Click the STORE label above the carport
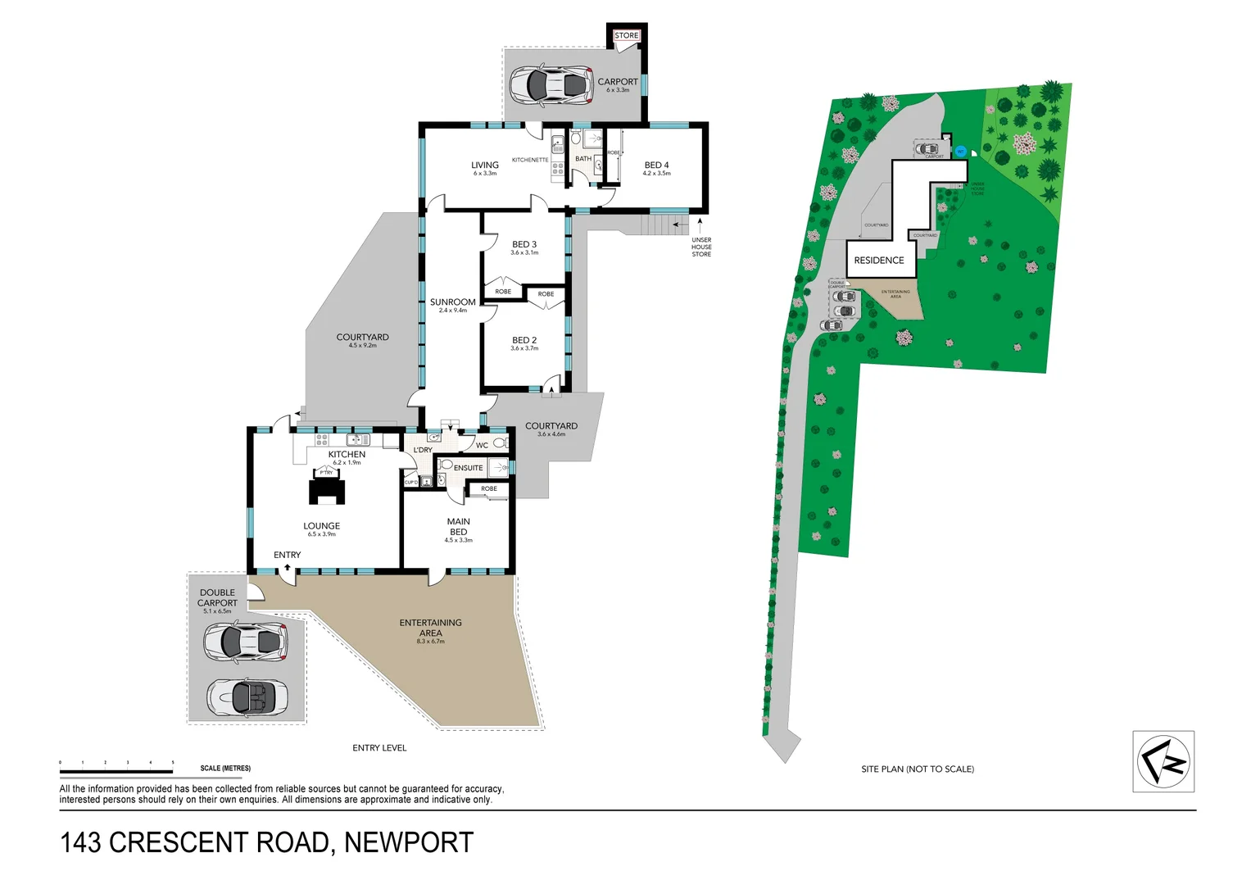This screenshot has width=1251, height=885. (x=626, y=35)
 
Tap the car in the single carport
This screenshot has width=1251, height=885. (x=551, y=84)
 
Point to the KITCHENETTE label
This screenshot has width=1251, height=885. (x=530, y=160)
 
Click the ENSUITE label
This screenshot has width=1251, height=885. (x=469, y=468)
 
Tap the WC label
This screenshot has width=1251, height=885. (x=482, y=446)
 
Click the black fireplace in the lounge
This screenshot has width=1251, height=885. (x=327, y=489)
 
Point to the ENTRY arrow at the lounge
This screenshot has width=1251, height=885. (x=287, y=567)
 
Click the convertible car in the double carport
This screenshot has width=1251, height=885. (x=247, y=697)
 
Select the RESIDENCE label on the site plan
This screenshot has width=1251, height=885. (x=878, y=261)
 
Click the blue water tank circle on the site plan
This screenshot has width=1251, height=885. (x=960, y=152)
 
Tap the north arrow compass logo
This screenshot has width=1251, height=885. (x=1163, y=761)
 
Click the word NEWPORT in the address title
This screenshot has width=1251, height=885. (x=408, y=842)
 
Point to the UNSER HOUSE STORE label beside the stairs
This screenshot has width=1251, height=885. (x=701, y=247)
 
